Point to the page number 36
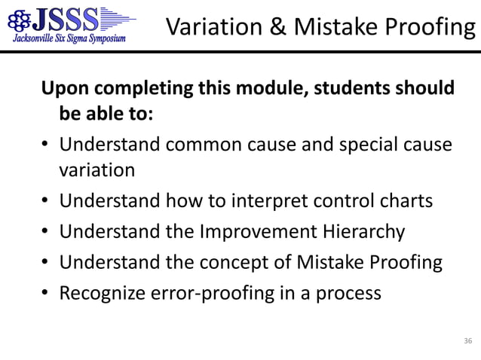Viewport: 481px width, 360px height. click(468, 342)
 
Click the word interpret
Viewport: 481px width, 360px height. click(280, 201)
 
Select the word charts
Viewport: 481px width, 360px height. click(406, 201)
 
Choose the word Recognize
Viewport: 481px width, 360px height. click(99, 291)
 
